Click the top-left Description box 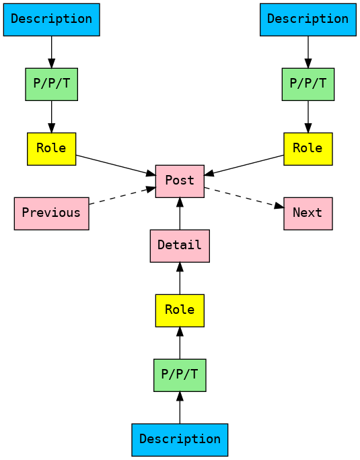[51, 20]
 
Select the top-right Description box [308, 20]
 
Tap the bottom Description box [180, 439]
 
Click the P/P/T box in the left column [51, 84]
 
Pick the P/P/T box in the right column [308, 84]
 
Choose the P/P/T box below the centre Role [180, 375]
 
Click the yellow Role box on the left [51, 149]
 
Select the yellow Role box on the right [308, 149]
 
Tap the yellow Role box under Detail [180, 310]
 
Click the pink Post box [180, 181]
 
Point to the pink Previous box [51, 213]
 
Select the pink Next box [308, 213]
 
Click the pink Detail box [180, 246]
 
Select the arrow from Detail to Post [180, 213]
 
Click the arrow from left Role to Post [115, 165]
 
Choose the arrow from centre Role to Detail [180, 278]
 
